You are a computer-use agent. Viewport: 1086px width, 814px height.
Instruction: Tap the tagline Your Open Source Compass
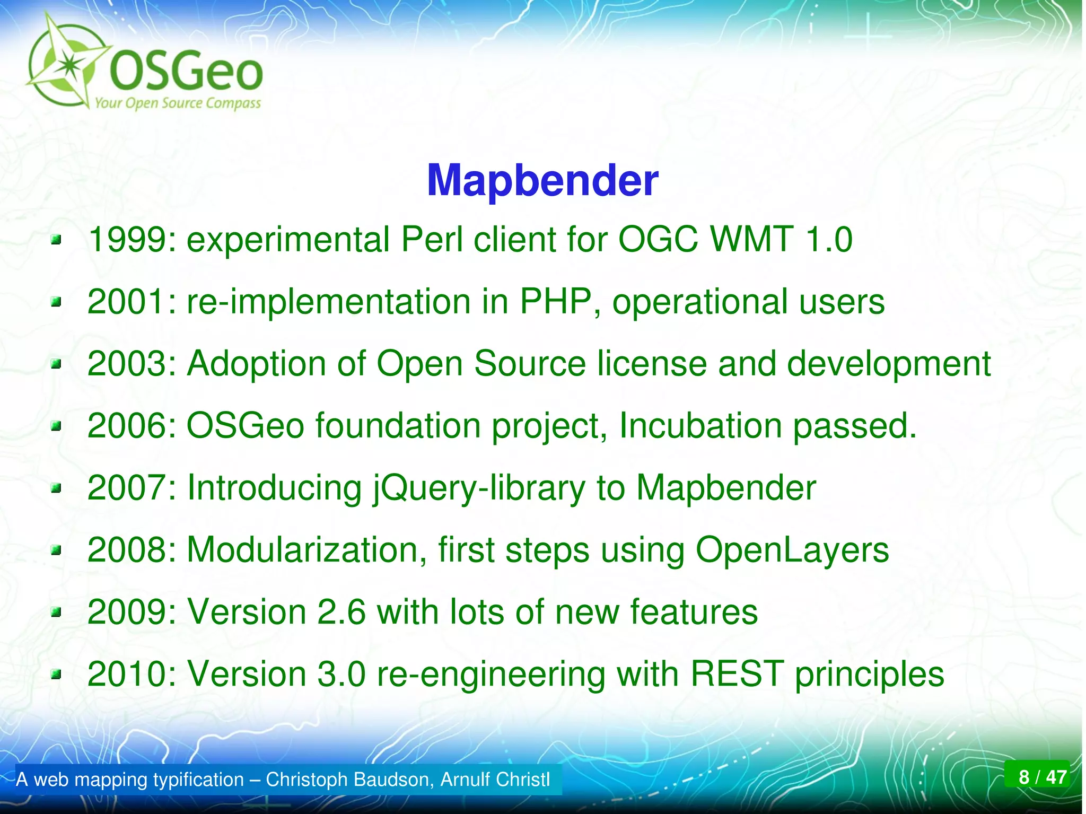(x=178, y=103)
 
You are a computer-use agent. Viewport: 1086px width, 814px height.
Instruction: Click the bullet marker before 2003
(x=56, y=365)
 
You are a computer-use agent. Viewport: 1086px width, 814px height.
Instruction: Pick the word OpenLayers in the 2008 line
(x=792, y=550)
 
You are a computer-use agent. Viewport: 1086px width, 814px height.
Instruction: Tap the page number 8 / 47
(x=1042, y=777)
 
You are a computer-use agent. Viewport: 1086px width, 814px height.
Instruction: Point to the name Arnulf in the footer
(x=465, y=780)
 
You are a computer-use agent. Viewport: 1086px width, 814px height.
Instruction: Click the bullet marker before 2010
(x=56, y=675)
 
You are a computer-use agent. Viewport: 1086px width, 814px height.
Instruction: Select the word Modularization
(x=306, y=550)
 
